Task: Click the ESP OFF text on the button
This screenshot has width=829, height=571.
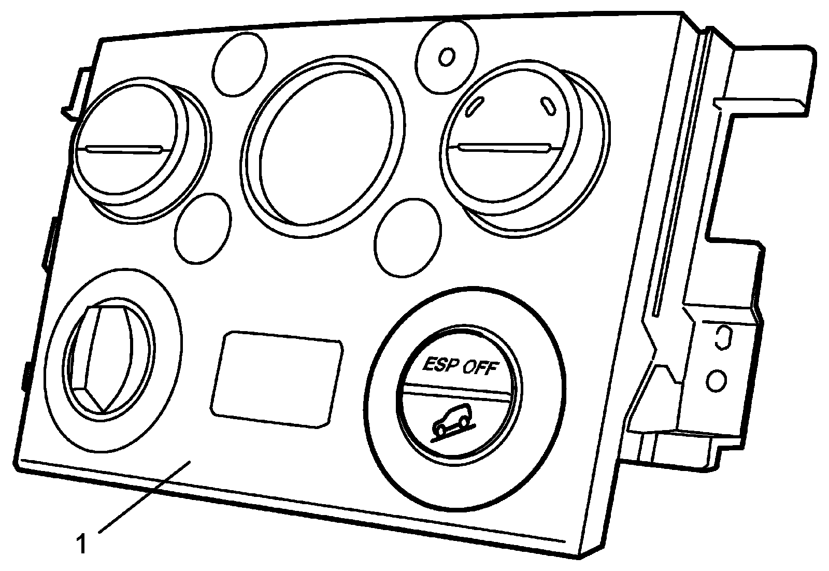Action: tap(460, 366)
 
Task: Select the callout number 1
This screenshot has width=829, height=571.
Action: tap(81, 545)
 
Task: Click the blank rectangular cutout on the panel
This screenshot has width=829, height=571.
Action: tap(276, 379)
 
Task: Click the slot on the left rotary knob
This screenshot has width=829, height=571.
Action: tap(124, 149)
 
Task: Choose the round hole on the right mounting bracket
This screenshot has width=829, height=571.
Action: tap(716, 381)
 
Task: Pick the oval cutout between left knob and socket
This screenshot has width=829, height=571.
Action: tap(203, 229)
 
